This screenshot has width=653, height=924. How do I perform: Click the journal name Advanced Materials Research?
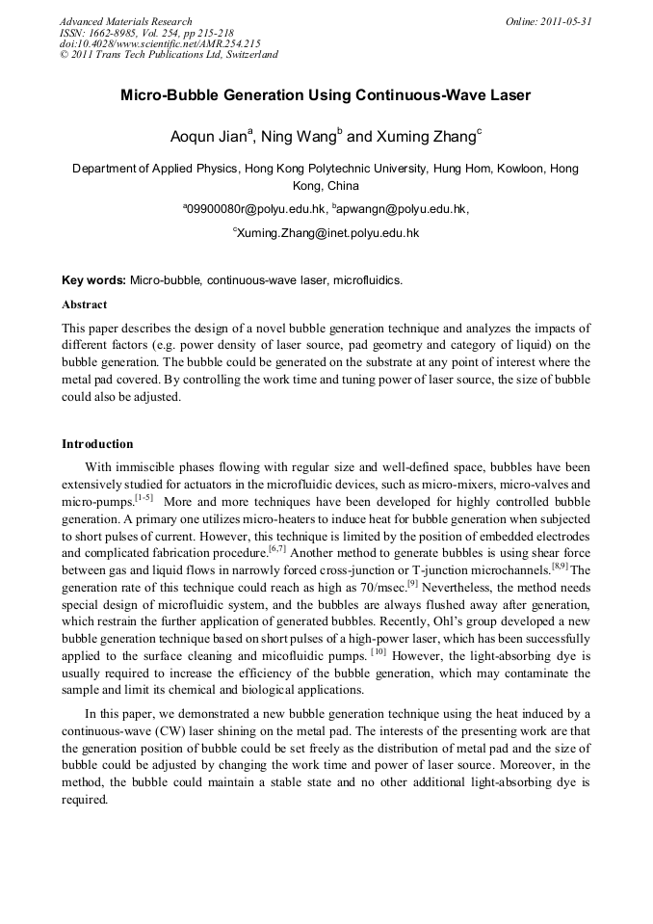coord(125,21)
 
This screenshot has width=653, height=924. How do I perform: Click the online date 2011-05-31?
coord(565,21)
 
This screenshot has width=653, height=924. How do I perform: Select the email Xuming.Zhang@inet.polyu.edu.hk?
coord(328,232)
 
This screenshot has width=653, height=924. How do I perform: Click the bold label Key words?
coord(93,280)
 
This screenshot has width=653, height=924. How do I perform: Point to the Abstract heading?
coord(85,304)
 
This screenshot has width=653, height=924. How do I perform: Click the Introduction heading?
coord(97,444)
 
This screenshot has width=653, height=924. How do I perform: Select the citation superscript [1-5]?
coord(144,498)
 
